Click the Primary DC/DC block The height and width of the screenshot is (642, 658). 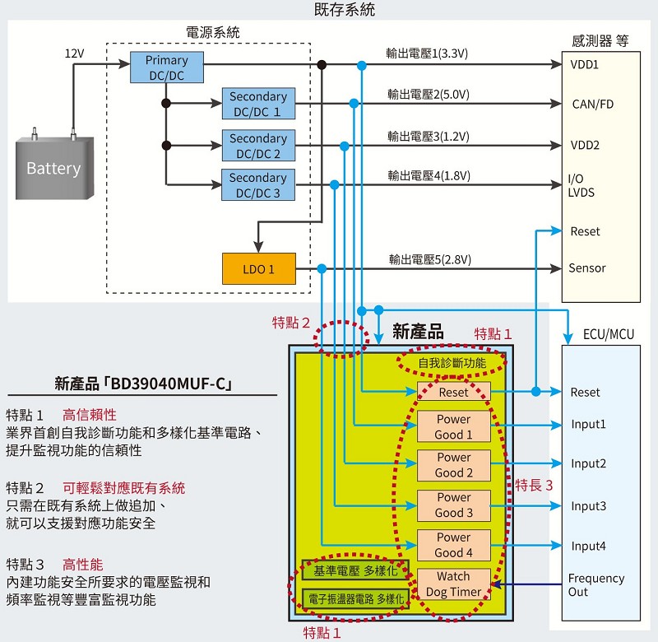(167, 67)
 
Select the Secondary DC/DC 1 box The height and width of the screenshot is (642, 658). (258, 104)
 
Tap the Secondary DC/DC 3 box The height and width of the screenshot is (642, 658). (258, 184)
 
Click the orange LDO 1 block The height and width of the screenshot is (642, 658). (259, 268)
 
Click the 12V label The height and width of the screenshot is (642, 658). (74, 53)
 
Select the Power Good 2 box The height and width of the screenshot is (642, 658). (454, 465)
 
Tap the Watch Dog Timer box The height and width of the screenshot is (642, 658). (454, 584)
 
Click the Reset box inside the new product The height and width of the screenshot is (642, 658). (454, 392)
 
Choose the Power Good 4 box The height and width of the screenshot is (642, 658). (454, 545)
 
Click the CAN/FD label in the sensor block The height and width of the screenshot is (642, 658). (592, 105)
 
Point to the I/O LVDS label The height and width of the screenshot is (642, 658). (582, 185)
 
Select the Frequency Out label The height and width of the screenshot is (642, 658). (595, 585)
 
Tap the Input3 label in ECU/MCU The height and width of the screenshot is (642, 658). (588, 506)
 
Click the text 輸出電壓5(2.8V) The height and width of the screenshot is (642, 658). (429, 259)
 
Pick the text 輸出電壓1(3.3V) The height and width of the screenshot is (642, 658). (427, 53)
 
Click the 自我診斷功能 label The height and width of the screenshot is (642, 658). (452, 362)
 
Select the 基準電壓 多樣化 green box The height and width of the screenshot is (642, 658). (355, 570)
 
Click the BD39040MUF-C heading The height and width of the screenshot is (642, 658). (143, 384)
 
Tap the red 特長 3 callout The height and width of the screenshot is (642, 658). (534, 486)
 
